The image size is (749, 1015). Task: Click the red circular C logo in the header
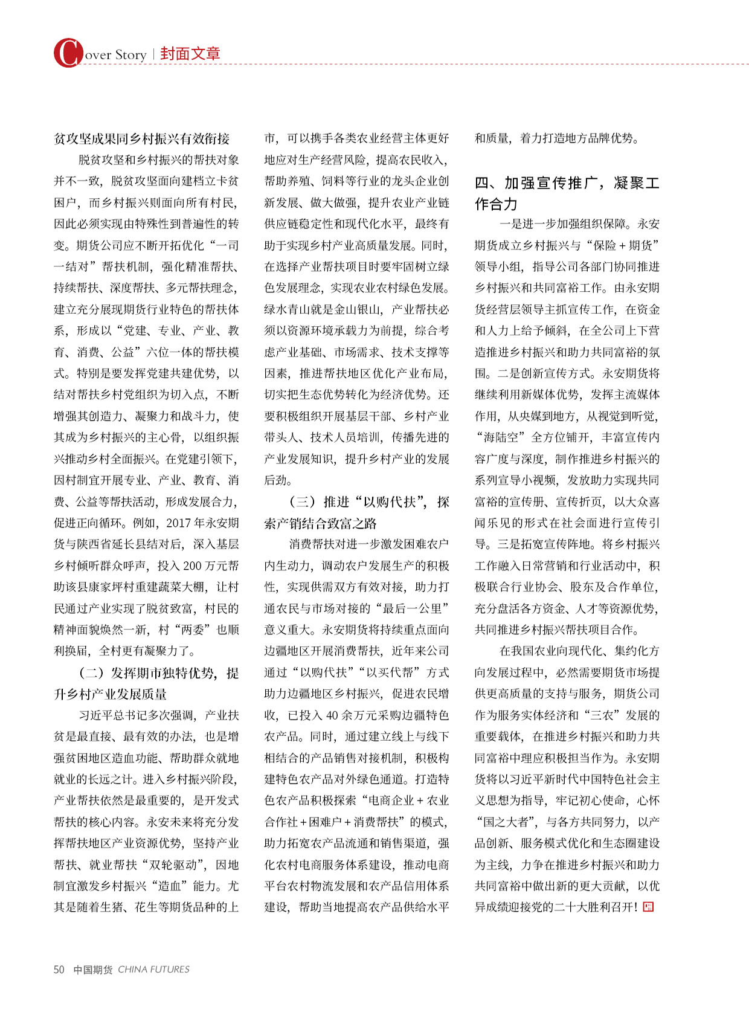point(67,53)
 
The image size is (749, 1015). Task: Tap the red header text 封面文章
point(190,54)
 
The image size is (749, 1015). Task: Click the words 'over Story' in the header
point(115,55)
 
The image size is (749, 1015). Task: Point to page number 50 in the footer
point(59,969)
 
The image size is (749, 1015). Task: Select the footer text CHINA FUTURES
point(153,969)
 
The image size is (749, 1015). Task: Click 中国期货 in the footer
point(92,969)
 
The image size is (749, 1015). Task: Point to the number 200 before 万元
point(192,565)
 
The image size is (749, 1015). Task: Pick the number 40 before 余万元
point(332,715)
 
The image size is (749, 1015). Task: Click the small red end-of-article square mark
point(648,906)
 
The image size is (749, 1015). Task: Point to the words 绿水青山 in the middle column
point(288,309)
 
